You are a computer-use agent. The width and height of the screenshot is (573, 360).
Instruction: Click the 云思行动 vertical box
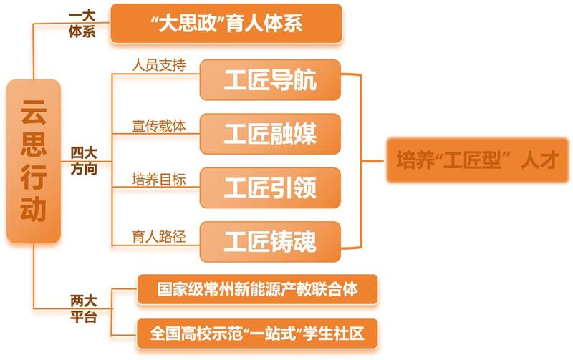[34, 161]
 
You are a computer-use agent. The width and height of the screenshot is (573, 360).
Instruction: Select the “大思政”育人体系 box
[226, 24]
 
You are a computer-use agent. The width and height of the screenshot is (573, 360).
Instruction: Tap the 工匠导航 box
[271, 80]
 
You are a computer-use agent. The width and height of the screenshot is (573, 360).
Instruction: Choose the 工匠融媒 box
[271, 134]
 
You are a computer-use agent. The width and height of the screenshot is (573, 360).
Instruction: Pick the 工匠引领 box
[271, 188]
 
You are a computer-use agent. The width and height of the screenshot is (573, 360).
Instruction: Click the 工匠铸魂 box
[271, 242]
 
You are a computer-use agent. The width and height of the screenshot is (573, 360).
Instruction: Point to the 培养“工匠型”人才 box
[478, 160]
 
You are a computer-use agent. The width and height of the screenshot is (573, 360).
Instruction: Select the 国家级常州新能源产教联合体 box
[258, 289]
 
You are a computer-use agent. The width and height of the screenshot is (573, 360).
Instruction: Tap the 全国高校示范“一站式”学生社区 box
[257, 334]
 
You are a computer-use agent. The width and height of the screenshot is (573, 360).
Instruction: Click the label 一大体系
[82, 24]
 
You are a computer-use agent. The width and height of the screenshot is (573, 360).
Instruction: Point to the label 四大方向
[84, 160]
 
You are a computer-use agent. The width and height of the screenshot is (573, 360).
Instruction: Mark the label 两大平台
[84, 309]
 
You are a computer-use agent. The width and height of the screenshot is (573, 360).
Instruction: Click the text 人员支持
[158, 65]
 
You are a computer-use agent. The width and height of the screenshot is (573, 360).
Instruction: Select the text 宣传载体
[158, 126]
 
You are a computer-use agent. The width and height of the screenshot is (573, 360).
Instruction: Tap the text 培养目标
[158, 180]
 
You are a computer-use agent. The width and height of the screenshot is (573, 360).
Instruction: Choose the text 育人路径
[158, 237]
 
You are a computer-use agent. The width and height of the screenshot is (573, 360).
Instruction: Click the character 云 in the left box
[34, 111]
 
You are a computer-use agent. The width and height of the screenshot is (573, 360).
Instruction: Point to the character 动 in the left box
[34, 209]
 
